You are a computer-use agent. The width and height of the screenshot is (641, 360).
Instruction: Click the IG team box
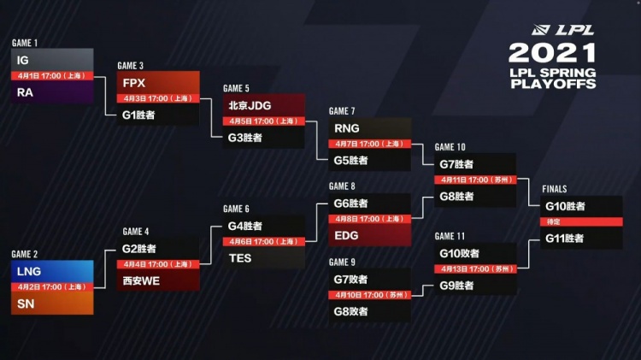coord(52,60)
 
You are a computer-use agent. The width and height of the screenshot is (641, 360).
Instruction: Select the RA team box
coord(52,92)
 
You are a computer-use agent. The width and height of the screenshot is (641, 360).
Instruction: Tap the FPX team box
coord(158,83)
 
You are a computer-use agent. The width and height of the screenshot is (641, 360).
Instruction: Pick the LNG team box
coord(52,271)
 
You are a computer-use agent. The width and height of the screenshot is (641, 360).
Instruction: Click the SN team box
coord(52,304)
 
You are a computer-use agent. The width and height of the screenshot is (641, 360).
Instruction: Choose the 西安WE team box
coord(158,280)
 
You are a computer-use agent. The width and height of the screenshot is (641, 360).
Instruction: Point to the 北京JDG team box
coord(263,105)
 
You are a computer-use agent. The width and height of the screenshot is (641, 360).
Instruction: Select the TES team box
coord(263,257)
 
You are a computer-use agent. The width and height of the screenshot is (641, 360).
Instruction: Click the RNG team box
coord(369,128)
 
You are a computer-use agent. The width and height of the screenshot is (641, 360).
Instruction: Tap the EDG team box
coord(369,234)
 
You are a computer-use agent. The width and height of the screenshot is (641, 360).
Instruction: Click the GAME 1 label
coord(25,43)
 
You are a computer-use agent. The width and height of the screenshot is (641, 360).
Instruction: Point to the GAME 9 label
coord(342,263)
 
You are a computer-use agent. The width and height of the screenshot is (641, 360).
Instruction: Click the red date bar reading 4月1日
coord(52,76)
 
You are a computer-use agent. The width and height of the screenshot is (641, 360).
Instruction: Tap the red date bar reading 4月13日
coord(474,269)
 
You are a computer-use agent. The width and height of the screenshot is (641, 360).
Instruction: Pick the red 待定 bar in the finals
coord(581,221)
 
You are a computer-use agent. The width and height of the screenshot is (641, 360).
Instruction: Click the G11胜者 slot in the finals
coord(581,238)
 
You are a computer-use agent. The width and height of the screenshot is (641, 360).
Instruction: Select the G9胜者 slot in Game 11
coord(474,286)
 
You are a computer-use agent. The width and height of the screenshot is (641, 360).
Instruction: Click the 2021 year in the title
coord(551,53)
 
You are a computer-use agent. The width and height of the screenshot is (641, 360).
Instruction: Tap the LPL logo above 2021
coord(573,30)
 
